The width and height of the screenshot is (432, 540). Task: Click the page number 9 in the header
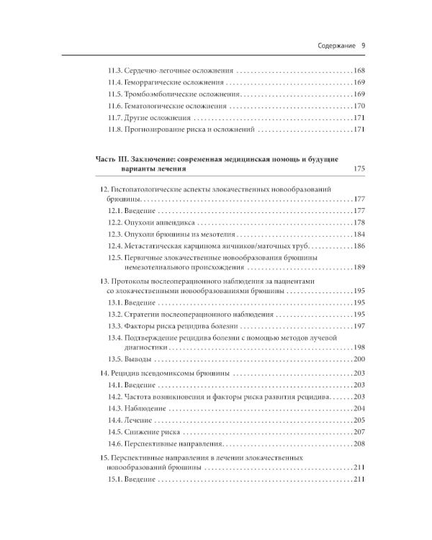(x=364, y=45)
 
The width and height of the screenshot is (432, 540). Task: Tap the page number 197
(x=361, y=326)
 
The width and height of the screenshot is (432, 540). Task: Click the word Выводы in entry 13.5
(x=140, y=359)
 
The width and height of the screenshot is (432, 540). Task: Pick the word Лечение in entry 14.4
(x=140, y=420)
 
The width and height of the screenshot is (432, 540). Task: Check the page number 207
(x=361, y=431)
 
